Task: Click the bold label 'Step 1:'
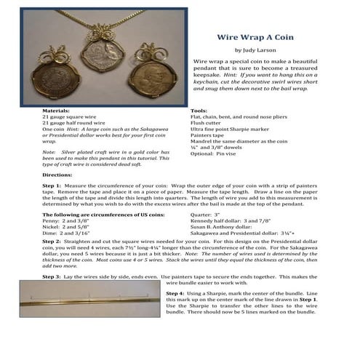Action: click(x=55, y=187)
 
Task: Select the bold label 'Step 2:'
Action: click(x=55, y=260)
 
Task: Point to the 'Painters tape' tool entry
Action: click(x=209, y=135)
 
